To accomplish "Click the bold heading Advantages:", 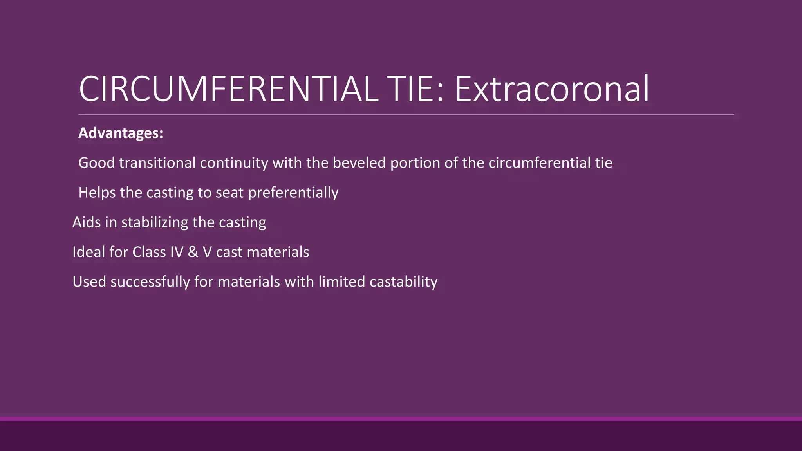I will [x=121, y=133].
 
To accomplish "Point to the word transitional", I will [x=157, y=163].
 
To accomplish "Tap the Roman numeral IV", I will [x=177, y=252].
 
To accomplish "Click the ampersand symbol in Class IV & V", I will [x=193, y=252].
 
